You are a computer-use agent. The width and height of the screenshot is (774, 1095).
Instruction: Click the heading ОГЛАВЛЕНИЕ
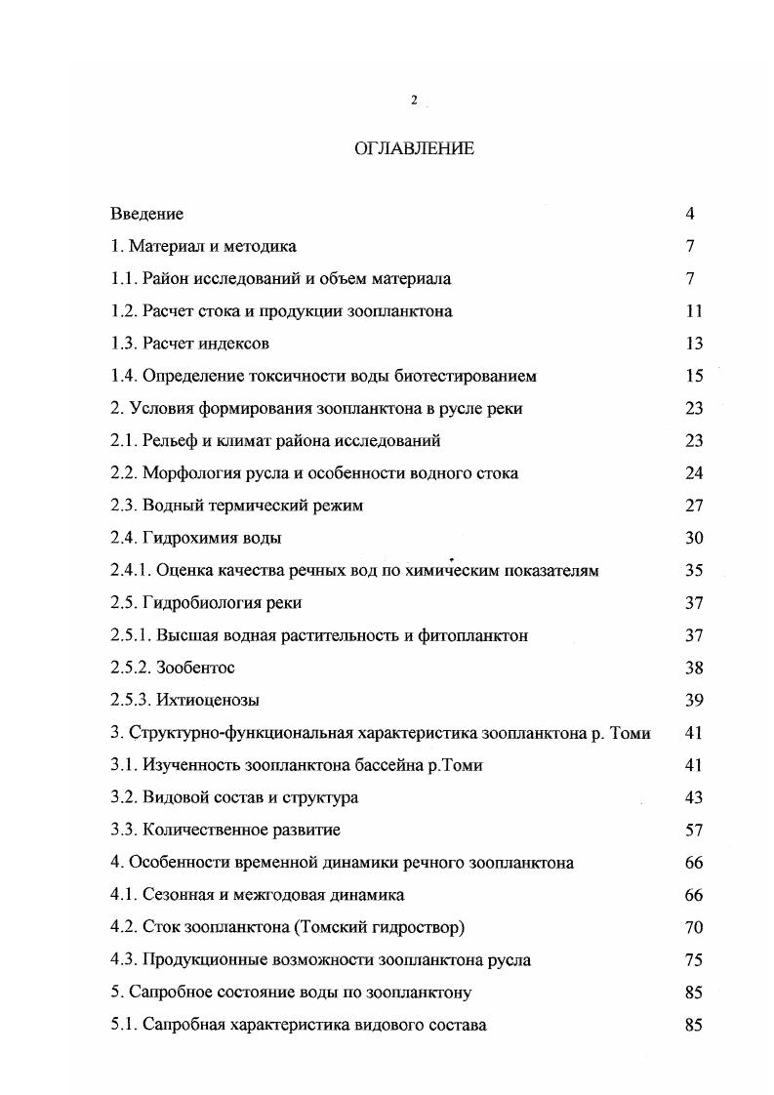[x=413, y=149]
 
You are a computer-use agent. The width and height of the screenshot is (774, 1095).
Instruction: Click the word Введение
[x=147, y=214]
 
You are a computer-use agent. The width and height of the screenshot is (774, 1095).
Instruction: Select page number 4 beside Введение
[x=690, y=214]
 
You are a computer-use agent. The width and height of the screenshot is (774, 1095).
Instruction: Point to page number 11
[x=694, y=311]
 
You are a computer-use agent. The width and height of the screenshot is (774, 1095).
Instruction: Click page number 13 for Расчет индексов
[x=694, y=344]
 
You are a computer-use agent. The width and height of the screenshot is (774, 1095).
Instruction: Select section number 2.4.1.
[x=134, y=571]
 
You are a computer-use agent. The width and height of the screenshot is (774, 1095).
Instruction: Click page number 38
[x=694, y=669]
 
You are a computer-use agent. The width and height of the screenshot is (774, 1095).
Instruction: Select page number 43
[x=694, y=798]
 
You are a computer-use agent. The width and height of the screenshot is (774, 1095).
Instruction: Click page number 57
[x=694, y=831]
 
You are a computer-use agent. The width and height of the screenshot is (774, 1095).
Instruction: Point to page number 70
[x=694, y=928]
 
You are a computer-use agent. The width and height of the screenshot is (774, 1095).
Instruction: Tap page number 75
[x=694, y=960]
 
